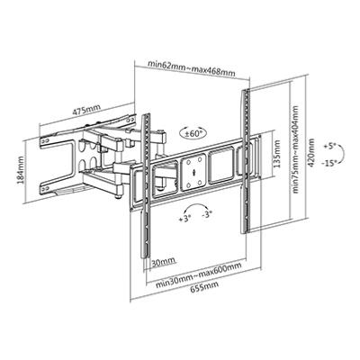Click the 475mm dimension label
coord(86,111)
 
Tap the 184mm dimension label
coord(21,170)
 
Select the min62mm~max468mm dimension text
coord(192,68)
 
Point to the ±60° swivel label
coord(194,133)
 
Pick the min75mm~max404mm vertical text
coord(296,149)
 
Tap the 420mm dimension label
coord(311,153)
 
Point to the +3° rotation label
coord(185,219)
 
